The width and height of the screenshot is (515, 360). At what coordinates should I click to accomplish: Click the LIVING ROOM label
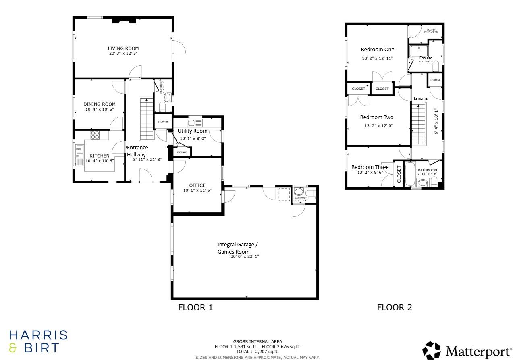[123, 48]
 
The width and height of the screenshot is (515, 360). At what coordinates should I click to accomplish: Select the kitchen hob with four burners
[95, 135]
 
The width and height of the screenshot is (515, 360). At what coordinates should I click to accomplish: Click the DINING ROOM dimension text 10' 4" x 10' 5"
[99, 110]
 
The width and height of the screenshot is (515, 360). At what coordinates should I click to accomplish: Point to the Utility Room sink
[195, 123]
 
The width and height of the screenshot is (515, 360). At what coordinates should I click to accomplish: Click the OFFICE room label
[197, 185]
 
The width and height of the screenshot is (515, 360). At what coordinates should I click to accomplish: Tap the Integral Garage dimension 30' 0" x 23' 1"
[245, 256]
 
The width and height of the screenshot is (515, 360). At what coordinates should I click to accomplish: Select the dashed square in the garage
[284, 194]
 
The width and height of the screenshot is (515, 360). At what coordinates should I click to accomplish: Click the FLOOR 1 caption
[195, 308]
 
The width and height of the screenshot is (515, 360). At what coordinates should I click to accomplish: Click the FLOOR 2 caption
[394, 308]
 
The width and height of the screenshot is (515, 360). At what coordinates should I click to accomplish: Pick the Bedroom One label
[377, 50]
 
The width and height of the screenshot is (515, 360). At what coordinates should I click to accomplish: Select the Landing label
[421, 98]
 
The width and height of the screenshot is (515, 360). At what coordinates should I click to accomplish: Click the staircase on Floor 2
[419, 124]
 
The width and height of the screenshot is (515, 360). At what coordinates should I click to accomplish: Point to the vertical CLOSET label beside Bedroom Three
[399, 174]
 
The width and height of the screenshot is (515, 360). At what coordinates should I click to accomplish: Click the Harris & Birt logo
[38, 341]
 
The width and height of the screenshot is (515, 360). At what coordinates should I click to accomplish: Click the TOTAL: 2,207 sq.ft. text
[257, 352]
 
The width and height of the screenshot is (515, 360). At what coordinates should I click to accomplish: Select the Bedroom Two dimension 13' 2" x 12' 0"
[378, 126]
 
